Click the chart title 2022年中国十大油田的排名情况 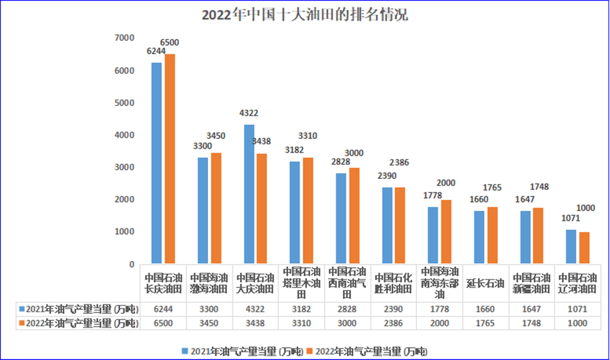[304, 15]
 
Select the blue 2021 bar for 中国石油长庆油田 [157, 163]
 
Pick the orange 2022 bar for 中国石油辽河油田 [584, 247]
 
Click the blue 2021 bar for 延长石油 [479, 237]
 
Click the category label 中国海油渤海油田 [210, 283]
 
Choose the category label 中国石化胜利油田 [394, 283]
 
